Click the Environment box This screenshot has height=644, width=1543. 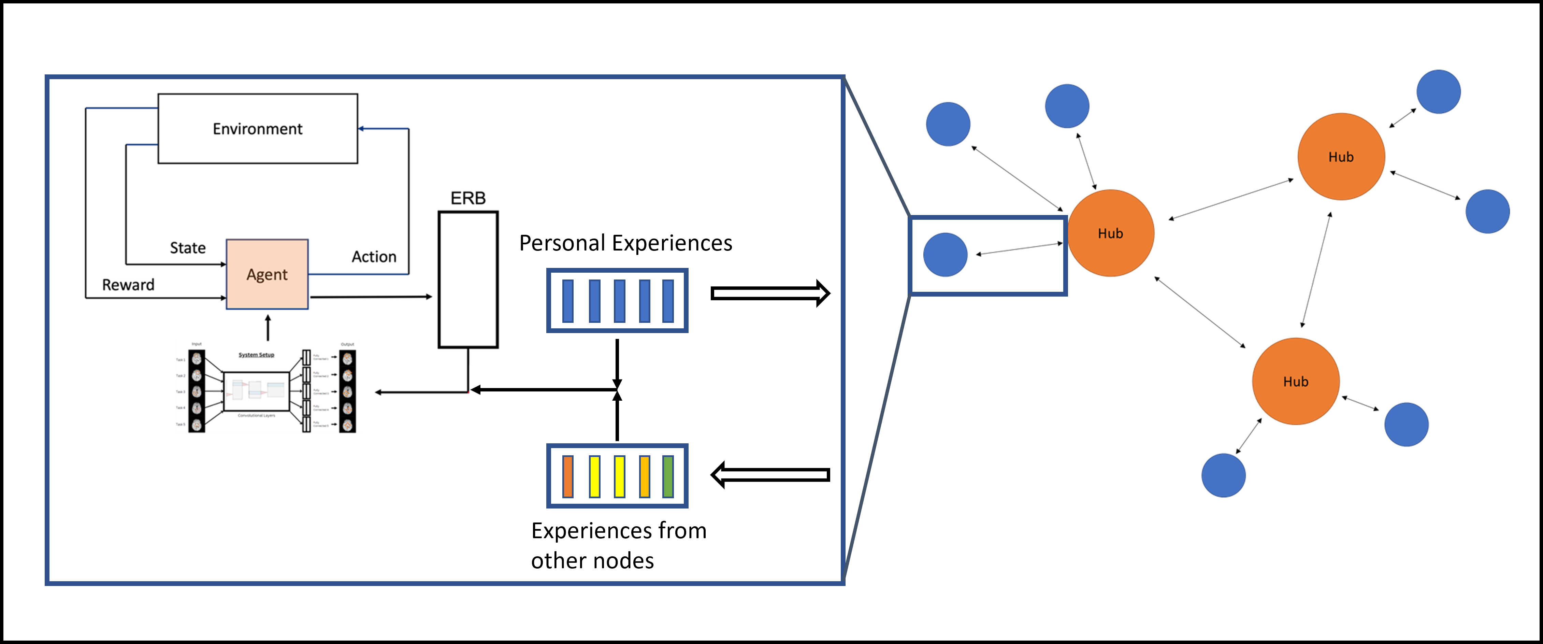point(258,128)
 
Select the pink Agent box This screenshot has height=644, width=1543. point(267,274)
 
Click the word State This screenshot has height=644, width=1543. point(187,248)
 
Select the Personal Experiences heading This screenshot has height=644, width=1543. point(625,243)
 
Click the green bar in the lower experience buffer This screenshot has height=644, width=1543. point(668,476)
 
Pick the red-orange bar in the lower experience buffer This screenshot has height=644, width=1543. point(568,476)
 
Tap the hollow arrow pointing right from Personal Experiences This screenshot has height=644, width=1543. point(770,294)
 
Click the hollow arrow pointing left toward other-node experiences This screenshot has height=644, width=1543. point(770,475)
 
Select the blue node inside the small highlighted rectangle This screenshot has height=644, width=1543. point(945,255)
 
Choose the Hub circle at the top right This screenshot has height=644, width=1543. point(1341,157)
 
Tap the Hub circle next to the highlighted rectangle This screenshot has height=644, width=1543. point(1111,233)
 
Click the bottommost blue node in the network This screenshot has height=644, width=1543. point(1223,475)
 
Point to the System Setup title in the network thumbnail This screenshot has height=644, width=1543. point(256,355)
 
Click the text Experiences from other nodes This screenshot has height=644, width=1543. point(618,545)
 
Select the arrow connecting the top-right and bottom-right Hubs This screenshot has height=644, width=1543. point(1316,270)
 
